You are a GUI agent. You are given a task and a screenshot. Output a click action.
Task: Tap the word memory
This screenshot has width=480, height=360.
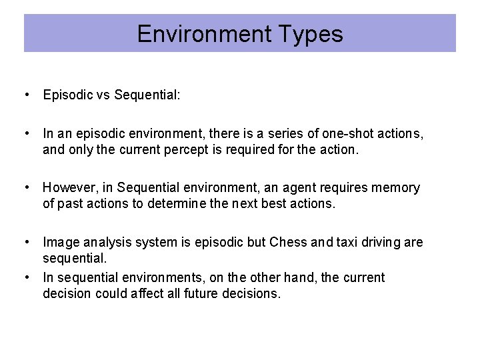[x=397, y=188]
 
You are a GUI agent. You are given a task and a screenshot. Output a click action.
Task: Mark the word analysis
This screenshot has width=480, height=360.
[x=107, y=242]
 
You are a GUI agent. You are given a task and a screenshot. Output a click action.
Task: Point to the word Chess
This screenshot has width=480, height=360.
[x=288, y=242]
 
